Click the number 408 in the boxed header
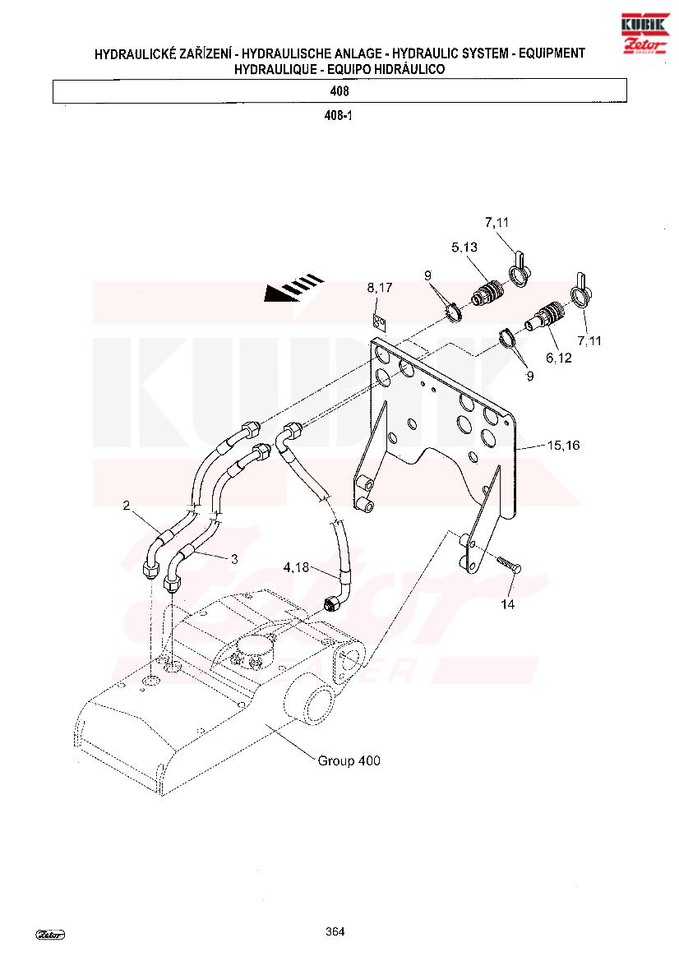pos(339,91)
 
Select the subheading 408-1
pos(339,115)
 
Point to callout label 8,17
pos(380,288)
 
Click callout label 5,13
pos(464,247)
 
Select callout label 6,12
pos(559,358)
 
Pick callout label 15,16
pos(563,445)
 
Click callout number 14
pos(507,604)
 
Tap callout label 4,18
pos(296,567)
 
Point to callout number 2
pos(127,505)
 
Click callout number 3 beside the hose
pos(234,559)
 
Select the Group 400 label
pos(349,760)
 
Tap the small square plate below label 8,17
pos(380,321)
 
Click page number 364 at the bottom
pos(335,931)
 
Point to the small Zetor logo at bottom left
pos(50,935)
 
